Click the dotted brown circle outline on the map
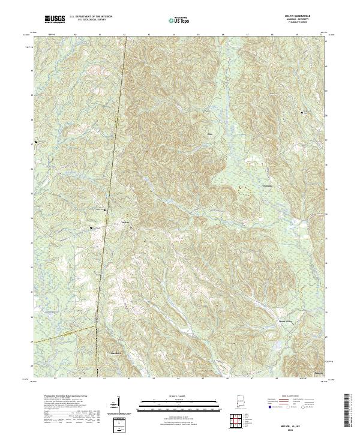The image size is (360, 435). point(244,191)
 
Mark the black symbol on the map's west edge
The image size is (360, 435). point(37,142)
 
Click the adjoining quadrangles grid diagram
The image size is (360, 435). point(244,418)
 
